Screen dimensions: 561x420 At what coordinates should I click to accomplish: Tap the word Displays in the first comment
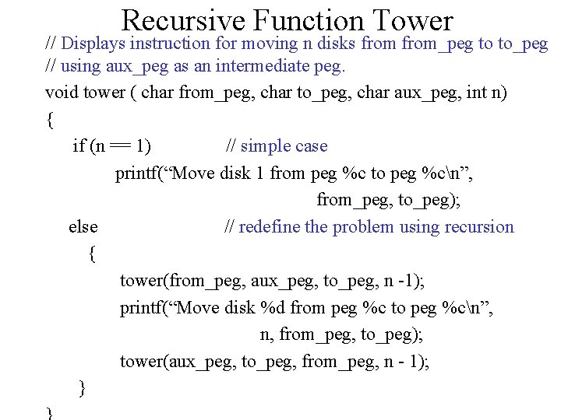click(x=94, y=43)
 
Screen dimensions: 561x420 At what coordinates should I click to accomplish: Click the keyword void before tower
click(x=62, y=93)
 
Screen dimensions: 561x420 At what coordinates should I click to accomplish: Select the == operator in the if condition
click(x=120, y=146)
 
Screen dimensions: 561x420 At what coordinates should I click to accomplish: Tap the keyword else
click(x=83, y=227)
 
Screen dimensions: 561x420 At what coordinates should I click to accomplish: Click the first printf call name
click(x=137, y=173)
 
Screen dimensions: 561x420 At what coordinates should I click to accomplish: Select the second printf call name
click(x=142, y=308)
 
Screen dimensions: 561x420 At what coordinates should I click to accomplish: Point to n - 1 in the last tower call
click(x=403, y=362)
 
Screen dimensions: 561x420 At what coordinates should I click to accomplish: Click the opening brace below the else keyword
click(x=93, y=254)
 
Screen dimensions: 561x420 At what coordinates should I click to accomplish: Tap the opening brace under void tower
click(x=50, y=120)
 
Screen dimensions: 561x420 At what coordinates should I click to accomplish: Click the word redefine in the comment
click(x=270, y=227)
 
